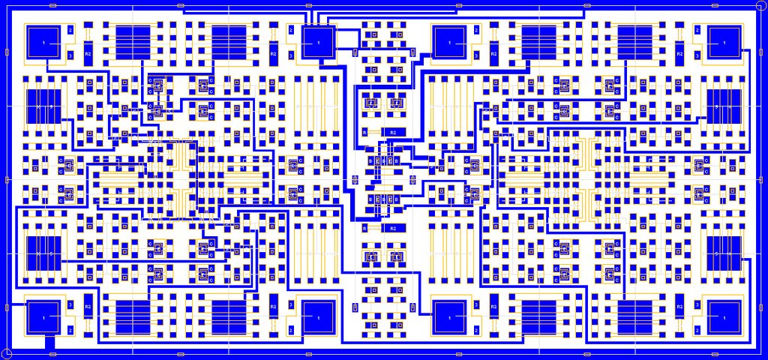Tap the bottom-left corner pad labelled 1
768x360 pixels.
(43, 318)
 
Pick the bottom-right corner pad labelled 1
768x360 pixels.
(724, 318)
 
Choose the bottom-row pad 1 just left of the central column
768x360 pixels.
(319, 318)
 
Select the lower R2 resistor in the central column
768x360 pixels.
(393, 228)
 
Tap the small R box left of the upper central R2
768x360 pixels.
(366, 132)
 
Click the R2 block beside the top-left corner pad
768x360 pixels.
(88, 55)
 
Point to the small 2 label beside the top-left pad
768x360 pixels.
(70, 30)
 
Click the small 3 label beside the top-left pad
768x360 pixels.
(70, 55)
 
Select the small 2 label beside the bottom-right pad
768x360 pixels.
(697, 330)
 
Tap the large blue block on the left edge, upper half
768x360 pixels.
(43, 106)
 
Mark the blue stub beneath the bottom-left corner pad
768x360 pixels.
(50, 343)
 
